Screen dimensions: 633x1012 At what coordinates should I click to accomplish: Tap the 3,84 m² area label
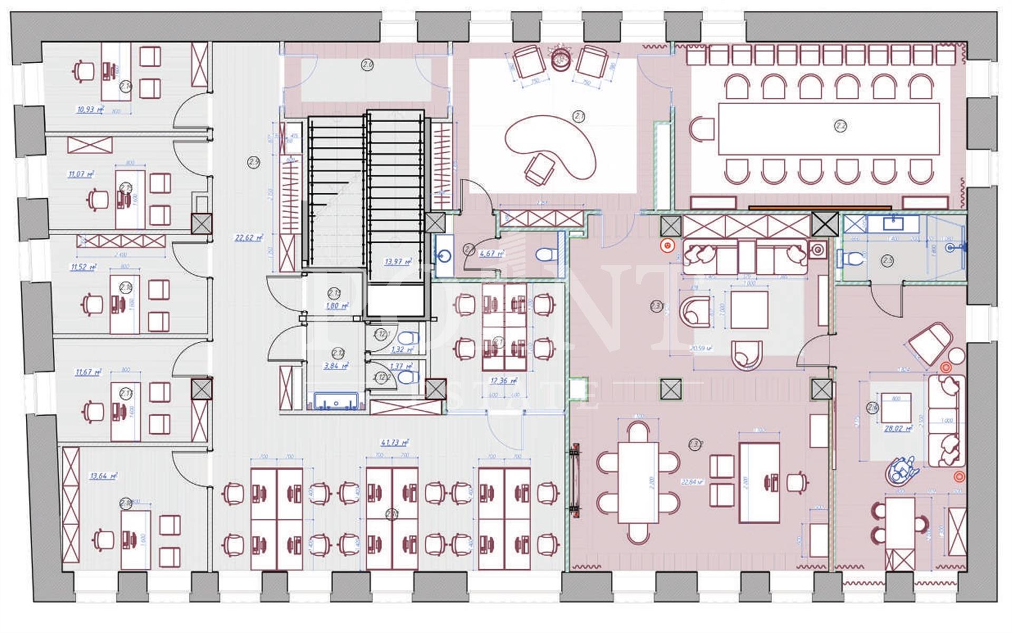[x=336, y=366]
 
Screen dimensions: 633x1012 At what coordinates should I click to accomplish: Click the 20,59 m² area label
[x=702, y=348]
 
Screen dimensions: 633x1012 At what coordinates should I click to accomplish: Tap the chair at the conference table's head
[x=702, y=129]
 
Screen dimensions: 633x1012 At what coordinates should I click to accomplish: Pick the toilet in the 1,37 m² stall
[x=406, y=377]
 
